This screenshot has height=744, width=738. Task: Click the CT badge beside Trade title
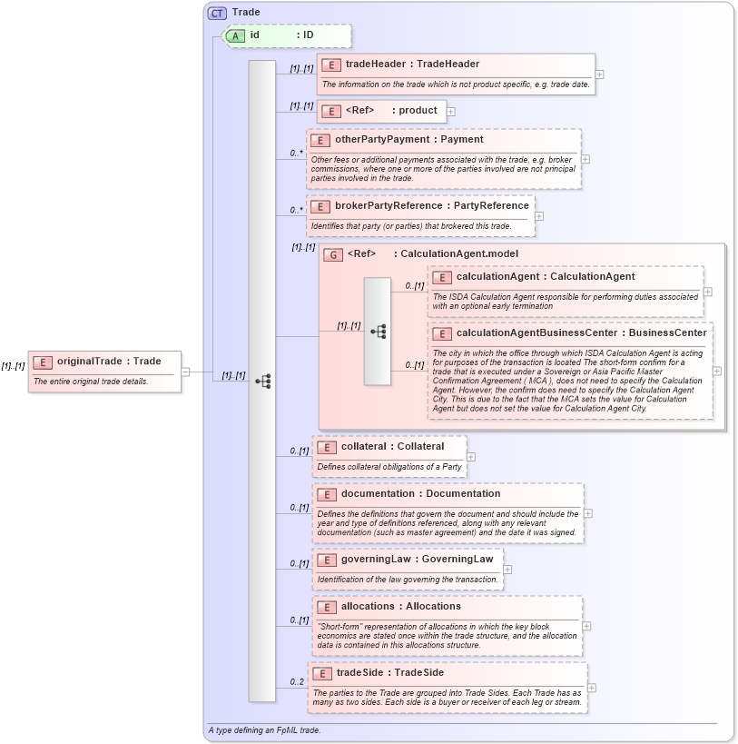[x=218, y=13]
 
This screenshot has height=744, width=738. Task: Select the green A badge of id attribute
[x=235, y=35]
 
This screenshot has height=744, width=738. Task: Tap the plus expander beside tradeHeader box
[x=600, y=74]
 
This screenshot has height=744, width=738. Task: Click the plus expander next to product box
[x=451, y=111]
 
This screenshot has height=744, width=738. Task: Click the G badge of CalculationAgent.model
[x=333, y=254]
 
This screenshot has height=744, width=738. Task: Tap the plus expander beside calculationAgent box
[x=708, y=292]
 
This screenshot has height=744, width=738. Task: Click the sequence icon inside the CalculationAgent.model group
[x=378, y=332]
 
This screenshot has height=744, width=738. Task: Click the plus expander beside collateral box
[x=471, y=456]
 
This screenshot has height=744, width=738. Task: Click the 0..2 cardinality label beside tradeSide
[x=297, y=681]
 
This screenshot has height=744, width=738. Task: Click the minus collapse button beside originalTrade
[x=185, y=371]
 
